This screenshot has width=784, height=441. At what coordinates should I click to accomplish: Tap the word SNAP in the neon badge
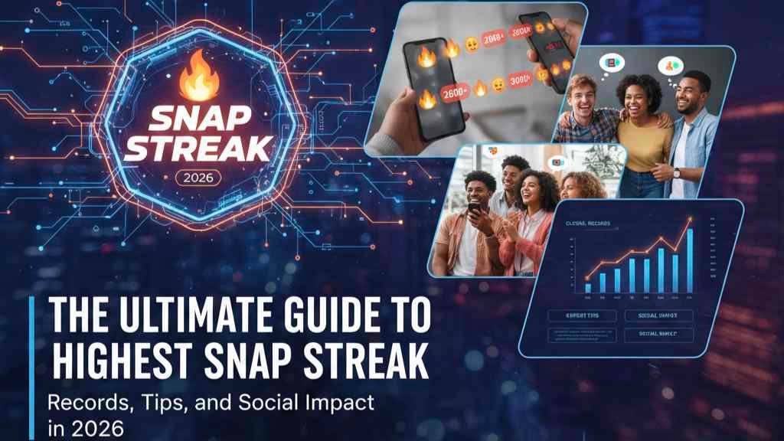click(x=198, y=118)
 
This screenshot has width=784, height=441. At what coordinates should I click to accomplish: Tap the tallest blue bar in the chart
click(x=689, y=260)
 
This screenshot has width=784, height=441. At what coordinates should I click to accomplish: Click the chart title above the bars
click(x=586, y=224)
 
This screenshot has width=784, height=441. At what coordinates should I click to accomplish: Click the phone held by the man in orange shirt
click(x=475, y=207)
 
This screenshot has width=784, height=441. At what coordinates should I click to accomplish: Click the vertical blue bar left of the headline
click(x=31, y=360)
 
